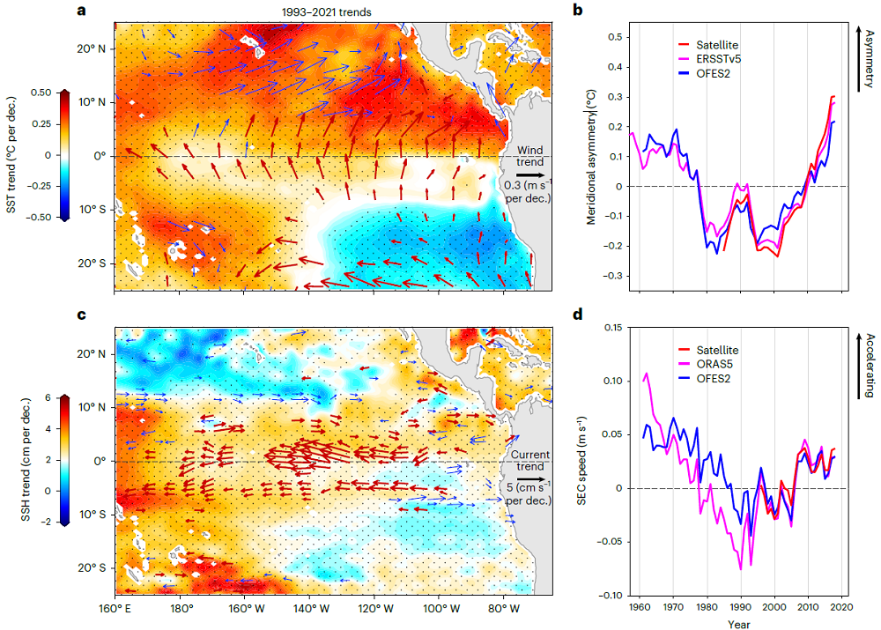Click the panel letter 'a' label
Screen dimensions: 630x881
[81, 11]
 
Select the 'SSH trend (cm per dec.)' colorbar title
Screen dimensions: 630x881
[10, 459]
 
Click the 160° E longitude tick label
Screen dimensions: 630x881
[115, 609]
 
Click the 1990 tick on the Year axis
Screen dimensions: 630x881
[741, 608]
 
